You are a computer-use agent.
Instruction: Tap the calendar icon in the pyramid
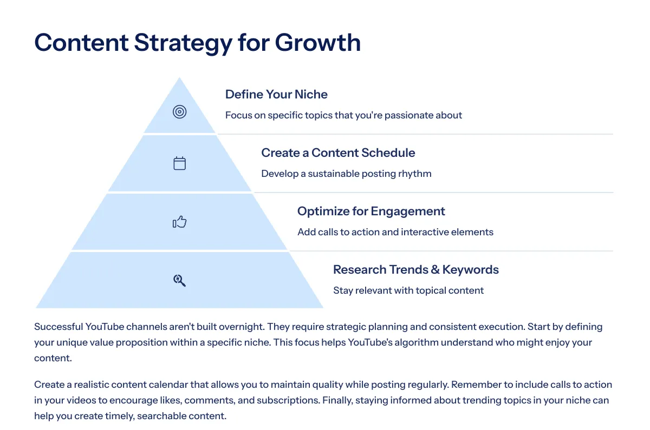click(x=180, y=163)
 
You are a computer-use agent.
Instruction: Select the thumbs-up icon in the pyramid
click(x=180, y=222)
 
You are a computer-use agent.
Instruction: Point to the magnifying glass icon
click(x=180, y=281)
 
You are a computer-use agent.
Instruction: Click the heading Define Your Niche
click(x=276, y=94)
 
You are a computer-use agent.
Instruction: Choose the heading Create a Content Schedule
click(x=338, y=153)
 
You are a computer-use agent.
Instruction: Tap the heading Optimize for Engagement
click(x=371, y=211)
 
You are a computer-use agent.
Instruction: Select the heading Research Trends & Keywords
click(x=416, y=269)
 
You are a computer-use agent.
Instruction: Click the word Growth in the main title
click(x=318, y=43)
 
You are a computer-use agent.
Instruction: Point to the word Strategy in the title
click(x=184, y=43)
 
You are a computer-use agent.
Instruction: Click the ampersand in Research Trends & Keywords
click(x=435, y=270)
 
